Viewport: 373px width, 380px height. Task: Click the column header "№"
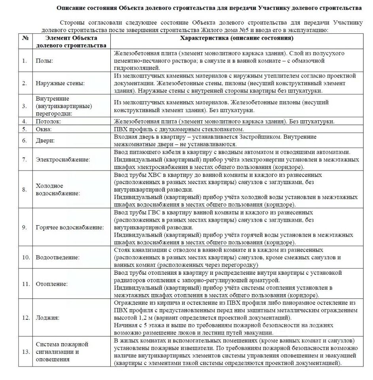pyautogui.click(x=25, y=38)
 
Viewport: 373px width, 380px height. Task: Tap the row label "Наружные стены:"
pyautogui.click(x=60, y=83)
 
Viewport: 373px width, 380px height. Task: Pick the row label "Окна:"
pyautogui.click(x=44, y=129)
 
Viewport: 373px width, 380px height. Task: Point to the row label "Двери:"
pyautogui.click(x=45, y=141)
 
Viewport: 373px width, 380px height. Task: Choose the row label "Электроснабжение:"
pyautogui.click(x=63, y=160)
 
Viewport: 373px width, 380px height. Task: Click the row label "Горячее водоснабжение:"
pyautogui.click(x=70, y=227)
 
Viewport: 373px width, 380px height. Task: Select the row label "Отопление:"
pyautogui.click(x=52, y=284)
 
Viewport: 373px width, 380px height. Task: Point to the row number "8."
pyautogui.click(x=25, y=190)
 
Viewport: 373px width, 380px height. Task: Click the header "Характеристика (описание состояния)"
pyautogui.click(x=237, y=38)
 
